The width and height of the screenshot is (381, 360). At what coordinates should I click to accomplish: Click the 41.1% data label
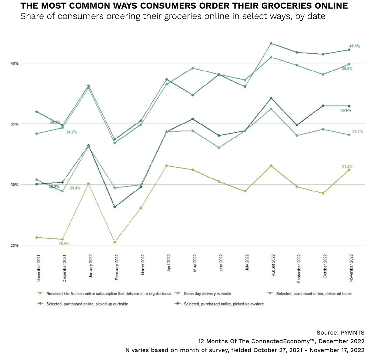[x=354, y=46]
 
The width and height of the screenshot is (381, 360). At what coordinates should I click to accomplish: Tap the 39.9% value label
[x=347, y=69]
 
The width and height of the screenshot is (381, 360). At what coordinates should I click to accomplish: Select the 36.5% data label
[x=346, y=110]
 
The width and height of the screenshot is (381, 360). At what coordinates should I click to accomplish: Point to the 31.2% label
[x=347, y=166]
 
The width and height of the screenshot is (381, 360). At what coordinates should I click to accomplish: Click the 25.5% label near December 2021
[x=64, y=244]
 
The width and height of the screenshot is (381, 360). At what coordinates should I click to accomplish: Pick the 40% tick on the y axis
[x=15, y=63]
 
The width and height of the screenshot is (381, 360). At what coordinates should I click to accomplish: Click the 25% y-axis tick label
[x=15, y=245]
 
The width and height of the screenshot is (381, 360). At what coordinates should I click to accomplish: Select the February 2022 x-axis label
[x=117, y=267]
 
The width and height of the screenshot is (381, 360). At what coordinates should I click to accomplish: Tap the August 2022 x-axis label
[x=273, y=265]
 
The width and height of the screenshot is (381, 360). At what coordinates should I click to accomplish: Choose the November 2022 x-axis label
[x=351, y=268]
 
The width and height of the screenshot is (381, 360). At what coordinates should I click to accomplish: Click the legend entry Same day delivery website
[x=207, y=294]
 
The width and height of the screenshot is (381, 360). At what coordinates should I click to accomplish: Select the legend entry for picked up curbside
[x=87, y=304]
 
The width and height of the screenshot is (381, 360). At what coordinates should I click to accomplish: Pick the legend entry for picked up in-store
[x=224, y=304]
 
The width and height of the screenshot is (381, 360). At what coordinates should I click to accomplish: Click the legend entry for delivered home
[x=314, y=294]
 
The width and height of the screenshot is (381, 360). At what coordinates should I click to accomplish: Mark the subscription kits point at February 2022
[x=115, y=242]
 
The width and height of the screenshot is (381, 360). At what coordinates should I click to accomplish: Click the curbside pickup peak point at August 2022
[x=271, y=44]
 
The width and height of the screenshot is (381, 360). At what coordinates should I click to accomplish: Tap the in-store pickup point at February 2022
[x=115, y=207]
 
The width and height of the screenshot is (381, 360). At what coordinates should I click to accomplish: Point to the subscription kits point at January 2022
[x=89, y=184]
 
